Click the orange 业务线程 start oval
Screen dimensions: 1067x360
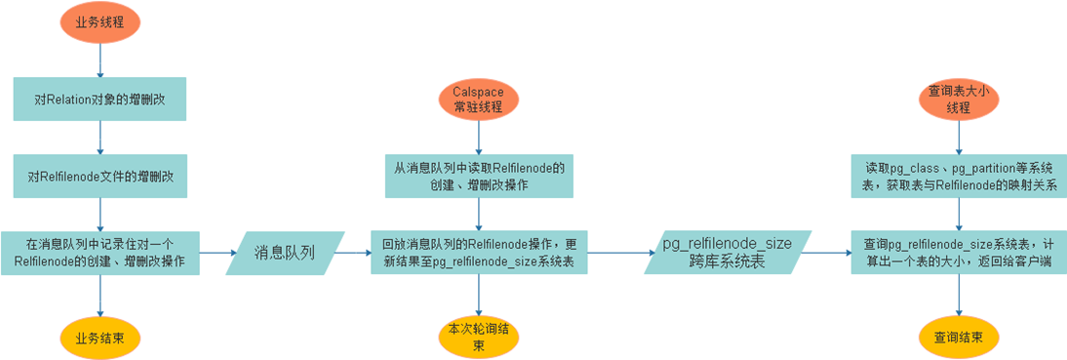click(x=100, y=22)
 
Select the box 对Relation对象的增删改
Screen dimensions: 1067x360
click(x=100, y=100)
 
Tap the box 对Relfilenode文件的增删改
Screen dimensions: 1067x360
click(x=100, y=176)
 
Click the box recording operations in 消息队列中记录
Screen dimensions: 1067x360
click(x=100, y=253)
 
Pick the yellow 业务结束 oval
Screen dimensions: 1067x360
click(x=100, y=337)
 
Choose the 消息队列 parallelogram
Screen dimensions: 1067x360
click(x=285, y=254)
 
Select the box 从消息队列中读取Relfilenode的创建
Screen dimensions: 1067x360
click(x=479, y=176)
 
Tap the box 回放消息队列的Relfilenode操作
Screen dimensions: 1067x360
click(x=479, y=253)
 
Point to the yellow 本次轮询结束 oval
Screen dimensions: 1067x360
click(x=479, y=338)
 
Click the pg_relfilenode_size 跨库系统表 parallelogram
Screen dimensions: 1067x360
click(x=729, y=253)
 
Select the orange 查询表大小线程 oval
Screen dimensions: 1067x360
click(x=960, y=100)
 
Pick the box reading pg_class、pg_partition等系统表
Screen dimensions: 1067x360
click(x=960, y=176)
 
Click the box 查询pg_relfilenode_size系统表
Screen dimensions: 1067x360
click(x=960, y=253)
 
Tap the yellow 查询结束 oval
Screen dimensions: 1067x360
click(x=960, y=337)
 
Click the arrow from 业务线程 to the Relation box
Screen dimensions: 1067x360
click(x=100, y=59)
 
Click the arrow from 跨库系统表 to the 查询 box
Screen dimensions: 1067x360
click(x=828, y=253)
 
